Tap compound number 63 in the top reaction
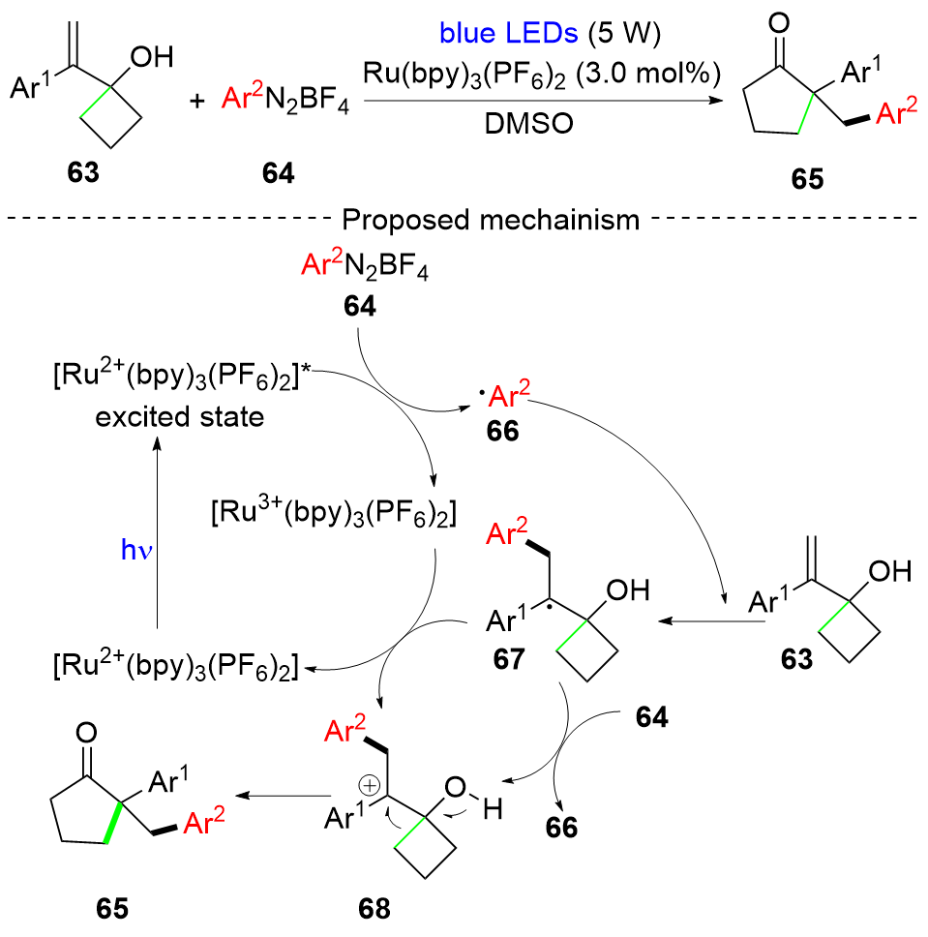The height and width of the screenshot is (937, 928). (x=108, y=175)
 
